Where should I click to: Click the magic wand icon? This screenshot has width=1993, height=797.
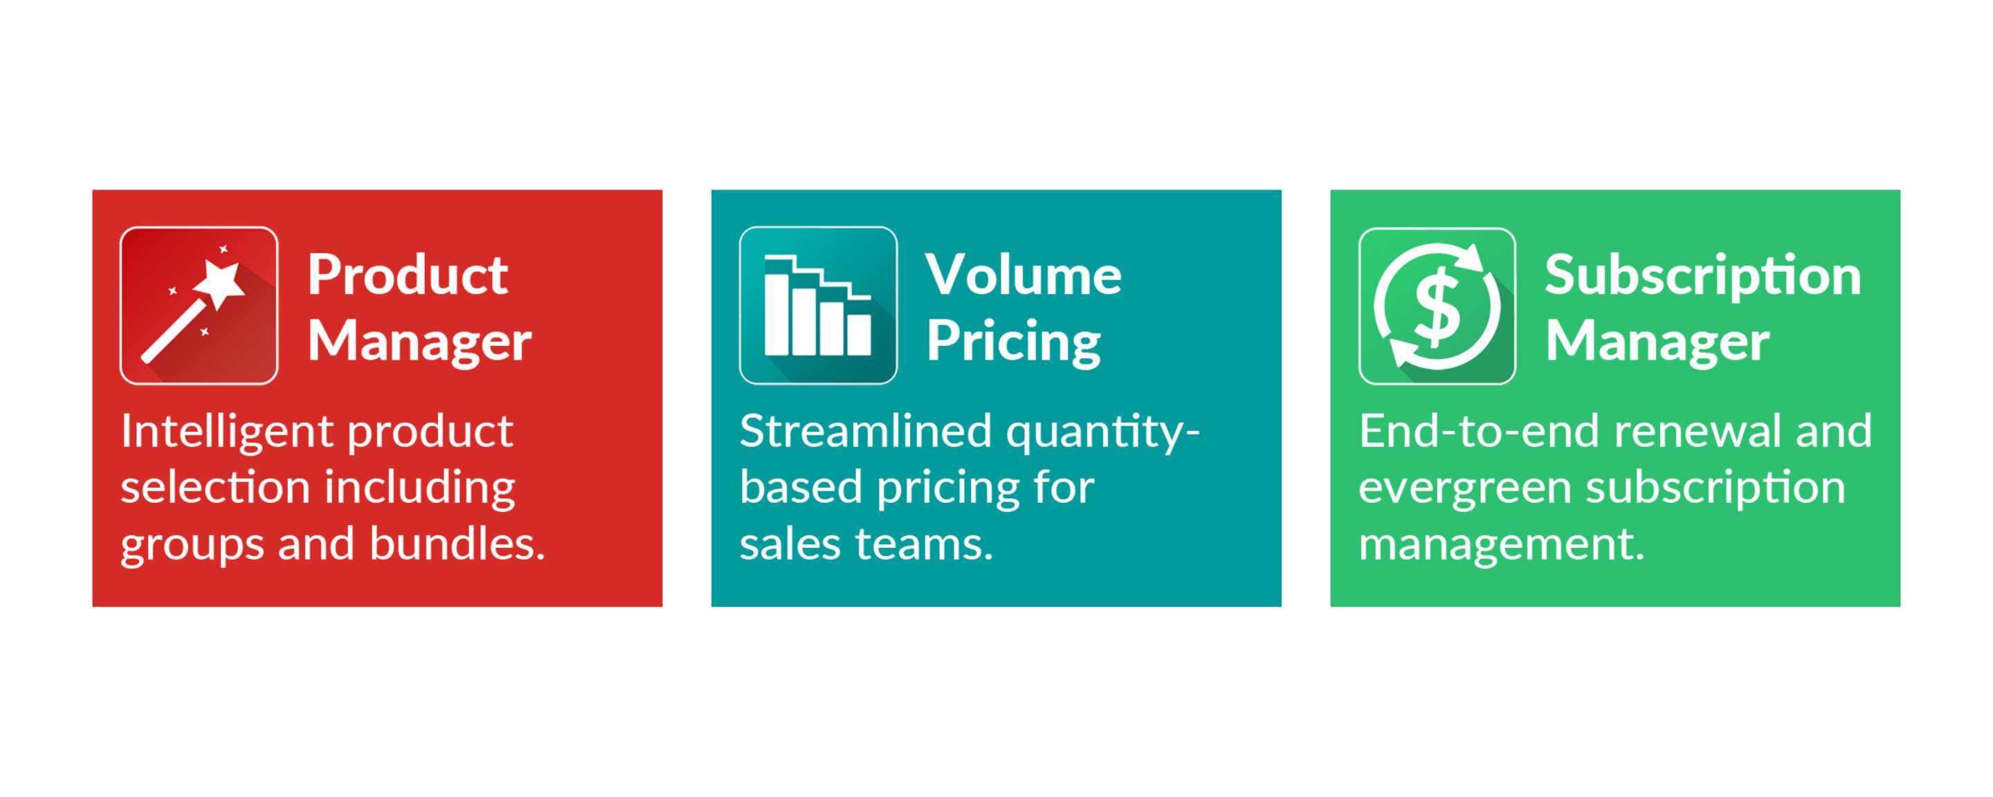(x=199, y=306)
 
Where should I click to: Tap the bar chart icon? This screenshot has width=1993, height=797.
(x=818, y=306)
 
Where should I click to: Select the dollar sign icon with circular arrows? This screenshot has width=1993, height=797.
(x=1437, y=306)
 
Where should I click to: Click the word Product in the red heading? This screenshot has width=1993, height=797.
(x=408, y=275)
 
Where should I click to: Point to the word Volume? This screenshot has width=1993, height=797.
(x=1023, y=275)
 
